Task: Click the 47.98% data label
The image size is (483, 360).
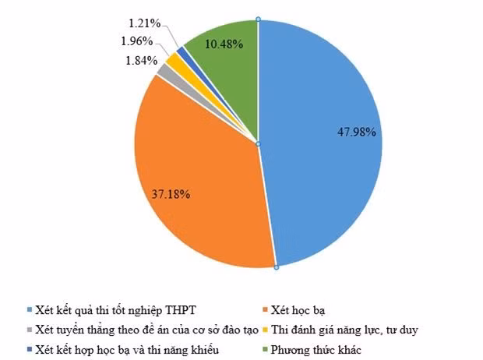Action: pos(355,132)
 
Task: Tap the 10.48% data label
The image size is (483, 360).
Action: pos(224,44)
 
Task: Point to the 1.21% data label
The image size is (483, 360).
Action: pos(143,24)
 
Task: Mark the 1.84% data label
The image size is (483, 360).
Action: pos(142,60)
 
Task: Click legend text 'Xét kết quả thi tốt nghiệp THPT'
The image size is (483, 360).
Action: pos(121,309)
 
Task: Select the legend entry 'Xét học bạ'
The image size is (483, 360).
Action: pos(298,309)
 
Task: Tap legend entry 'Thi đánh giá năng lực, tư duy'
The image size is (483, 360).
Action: pos(347,330)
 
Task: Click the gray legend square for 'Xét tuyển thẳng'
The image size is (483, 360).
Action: pos(29,330)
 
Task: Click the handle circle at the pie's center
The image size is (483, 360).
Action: pos(258,144)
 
